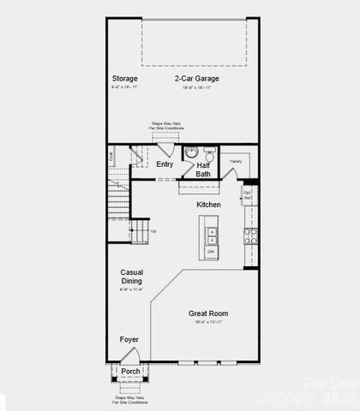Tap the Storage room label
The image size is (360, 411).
pos(125,78)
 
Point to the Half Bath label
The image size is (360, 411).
pos(203,170)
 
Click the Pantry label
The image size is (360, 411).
pos(235,160)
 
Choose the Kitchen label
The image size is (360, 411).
pos(208,205)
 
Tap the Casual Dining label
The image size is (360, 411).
pos(131,276)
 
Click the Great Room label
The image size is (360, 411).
pos(209,313)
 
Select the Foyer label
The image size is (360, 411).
pos(129,339)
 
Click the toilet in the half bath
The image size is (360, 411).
pos(209,154)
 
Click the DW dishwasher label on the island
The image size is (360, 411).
pos(211,252)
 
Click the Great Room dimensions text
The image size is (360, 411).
pos(209,324)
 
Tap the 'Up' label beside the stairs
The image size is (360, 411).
pos(153,231)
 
